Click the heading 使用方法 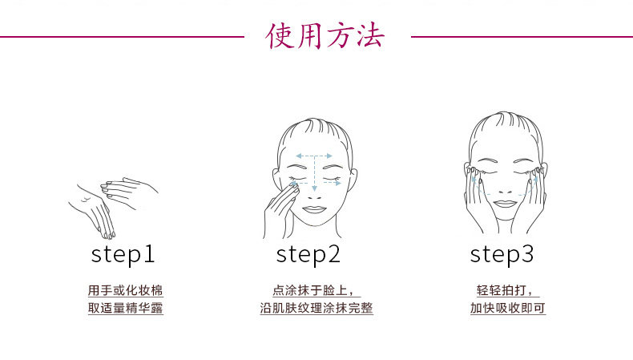point(326,36)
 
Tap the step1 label point(123,254)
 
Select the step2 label point(308,254)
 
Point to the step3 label point(502,254)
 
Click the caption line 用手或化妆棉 point(126,290)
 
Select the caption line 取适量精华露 point(126,308)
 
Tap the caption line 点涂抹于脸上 point(311,290)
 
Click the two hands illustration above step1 point(112,204)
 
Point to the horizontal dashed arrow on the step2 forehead point(315,156)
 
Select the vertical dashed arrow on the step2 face point(315,172)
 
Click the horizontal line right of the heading point(521,36)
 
